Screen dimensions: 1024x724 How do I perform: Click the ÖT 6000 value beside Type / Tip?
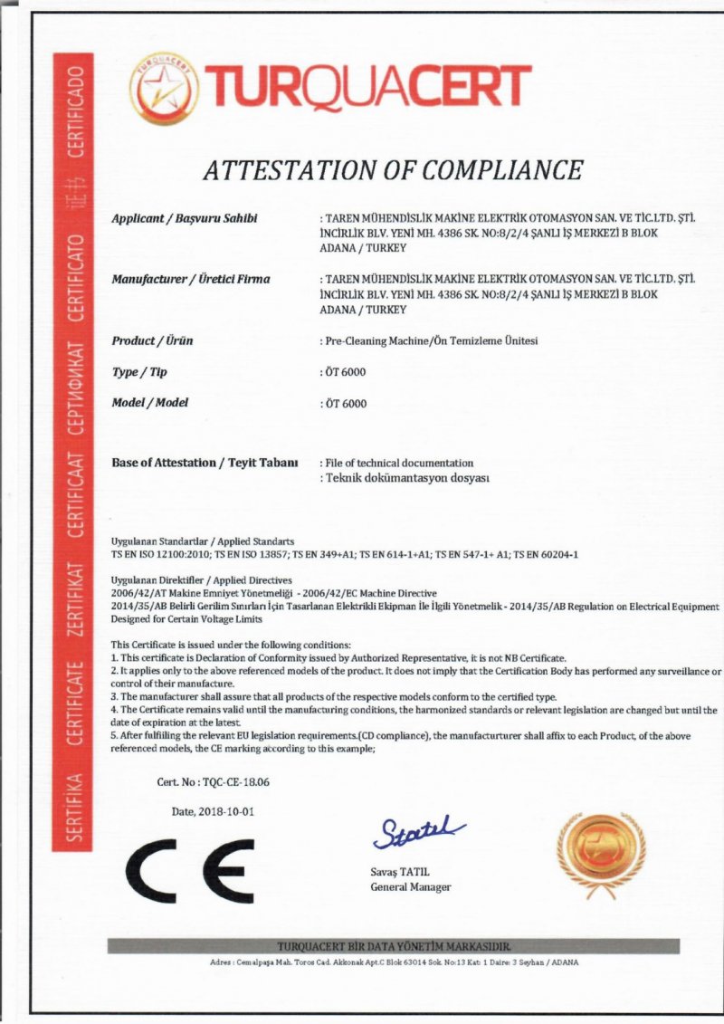(344, 372)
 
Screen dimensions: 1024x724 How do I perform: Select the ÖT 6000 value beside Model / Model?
(344, 403)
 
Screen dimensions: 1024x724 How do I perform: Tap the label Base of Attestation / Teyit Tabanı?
(205, 462)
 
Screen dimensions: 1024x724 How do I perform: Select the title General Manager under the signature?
(410, 886)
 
